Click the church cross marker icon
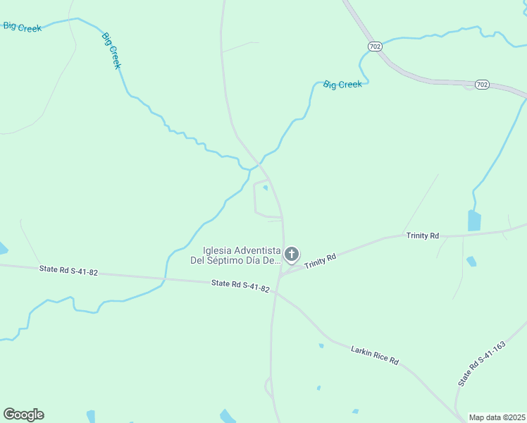tap(292, 254)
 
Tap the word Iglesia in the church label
tap(218, 250)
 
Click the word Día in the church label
tap(254, 260)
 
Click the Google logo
tap(23, 415)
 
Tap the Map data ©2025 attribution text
tap(497, 417)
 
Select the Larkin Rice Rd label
tap(374, 355)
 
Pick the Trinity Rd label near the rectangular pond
tap(422, 235)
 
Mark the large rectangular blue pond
tap(473, 221)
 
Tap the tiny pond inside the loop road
tap(265, 188)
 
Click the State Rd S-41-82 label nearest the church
tap(240, 285)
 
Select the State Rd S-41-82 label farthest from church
tap(68, 270)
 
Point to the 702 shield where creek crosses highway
tap(375, 47)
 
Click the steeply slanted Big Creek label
tap(111, 50)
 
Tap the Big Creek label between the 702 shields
tap(342, 85)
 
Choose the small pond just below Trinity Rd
tap(471, 261)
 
